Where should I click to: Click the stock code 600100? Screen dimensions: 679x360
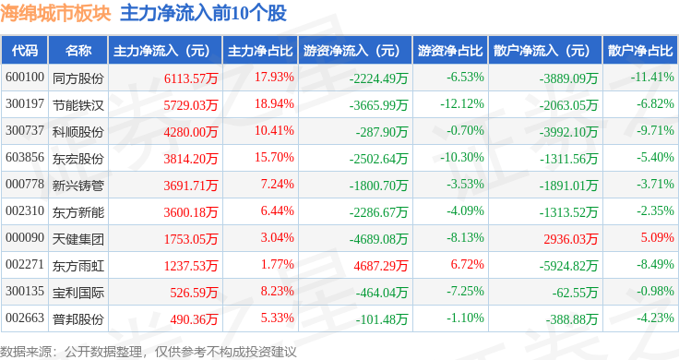point(25,78)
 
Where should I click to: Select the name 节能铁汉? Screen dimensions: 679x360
point(78,105)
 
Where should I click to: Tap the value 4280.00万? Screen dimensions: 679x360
point(191,132)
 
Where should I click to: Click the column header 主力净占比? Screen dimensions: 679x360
point(260,51)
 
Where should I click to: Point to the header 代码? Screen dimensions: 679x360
point(25,51)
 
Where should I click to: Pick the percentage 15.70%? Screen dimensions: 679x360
point(274,157)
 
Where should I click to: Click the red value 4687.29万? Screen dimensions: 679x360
point(381,266)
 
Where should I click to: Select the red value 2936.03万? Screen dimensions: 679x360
point(571,239)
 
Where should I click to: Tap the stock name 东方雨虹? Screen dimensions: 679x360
point(78,266)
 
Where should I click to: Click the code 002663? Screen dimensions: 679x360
point(25,318)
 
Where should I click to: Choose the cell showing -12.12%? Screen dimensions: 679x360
point(462,104)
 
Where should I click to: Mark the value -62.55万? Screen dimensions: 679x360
point(575,293)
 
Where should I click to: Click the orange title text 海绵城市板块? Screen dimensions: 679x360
point(56,14)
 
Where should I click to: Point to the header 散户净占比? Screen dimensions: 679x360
point(640,51)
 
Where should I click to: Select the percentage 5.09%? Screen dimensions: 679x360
point(658,237)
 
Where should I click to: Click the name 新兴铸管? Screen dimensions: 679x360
point(78,186)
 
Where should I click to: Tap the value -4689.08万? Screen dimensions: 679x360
point(378,239)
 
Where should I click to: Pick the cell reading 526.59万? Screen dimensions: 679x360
point(194,293)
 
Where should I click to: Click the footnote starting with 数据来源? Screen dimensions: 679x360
point(149,352)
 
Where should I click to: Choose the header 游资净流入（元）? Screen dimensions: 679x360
point(351,51)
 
